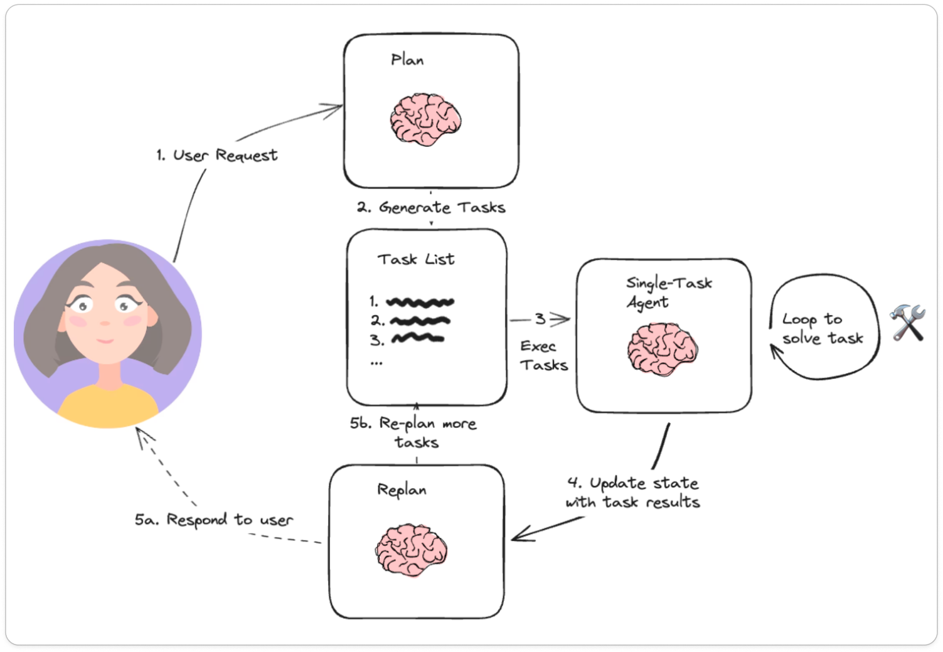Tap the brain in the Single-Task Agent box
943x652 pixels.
pos(662,349)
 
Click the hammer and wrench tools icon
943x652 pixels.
pos(907,323)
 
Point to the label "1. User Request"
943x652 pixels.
pos(216,155)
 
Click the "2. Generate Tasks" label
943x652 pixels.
pos(431,207)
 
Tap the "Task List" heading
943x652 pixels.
pos(415,259)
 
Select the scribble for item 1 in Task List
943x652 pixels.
pos(420,302)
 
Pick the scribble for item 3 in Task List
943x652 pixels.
pos(417,339)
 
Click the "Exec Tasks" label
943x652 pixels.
pos(543,355)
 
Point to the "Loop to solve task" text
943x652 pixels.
pos(822,328)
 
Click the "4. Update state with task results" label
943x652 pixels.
pos(632,493)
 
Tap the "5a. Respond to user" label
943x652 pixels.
pos(213,520)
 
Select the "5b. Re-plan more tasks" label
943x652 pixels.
pos(413,432)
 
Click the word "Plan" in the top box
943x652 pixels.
pos(407,60)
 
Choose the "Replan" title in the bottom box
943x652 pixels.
pos(402,490)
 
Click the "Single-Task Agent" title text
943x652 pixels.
pos(668,292)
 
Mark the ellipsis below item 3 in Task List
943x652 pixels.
pos(376,363)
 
